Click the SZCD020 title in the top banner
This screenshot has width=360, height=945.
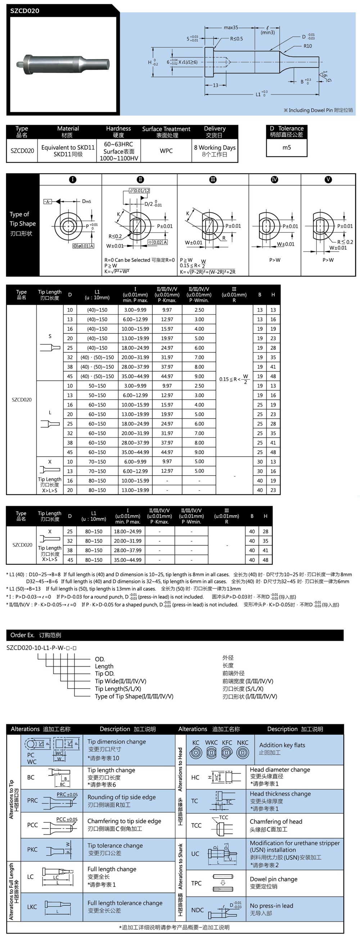(x=24, y=11)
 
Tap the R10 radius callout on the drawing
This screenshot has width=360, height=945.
(x=307, y=46)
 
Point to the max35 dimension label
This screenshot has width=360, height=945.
(x=231, y=27)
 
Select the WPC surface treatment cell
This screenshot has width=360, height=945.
(x=166, y=151)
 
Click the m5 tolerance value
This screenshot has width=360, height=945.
(x=287, y=147)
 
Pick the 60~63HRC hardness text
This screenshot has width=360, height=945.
(x=118, y=144)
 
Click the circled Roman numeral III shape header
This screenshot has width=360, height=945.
(x=213, y=180)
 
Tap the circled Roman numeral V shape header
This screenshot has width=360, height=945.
(x=328, y=180)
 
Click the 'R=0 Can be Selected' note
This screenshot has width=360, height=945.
(x=139, y=260)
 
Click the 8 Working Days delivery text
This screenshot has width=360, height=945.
(x=215, y=147)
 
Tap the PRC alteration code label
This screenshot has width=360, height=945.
(x=32, y=800)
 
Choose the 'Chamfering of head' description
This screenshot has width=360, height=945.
(x=276, y=821)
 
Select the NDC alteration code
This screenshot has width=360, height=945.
(x=197, y=910)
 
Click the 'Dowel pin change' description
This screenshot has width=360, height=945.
(x=273, y=879)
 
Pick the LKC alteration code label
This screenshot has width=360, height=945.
(x=32, y=907)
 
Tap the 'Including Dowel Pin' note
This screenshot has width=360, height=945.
(x=318, y=110)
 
